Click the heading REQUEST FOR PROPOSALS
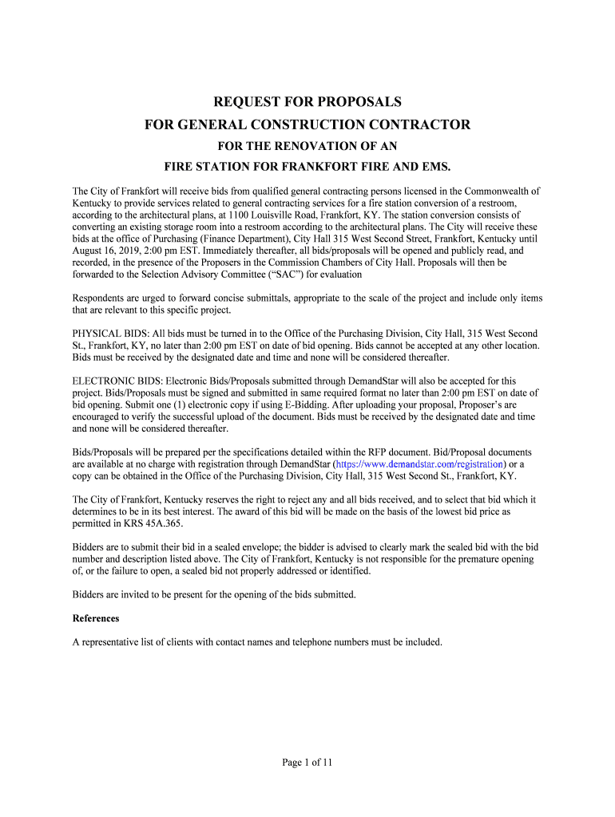[x=307, y=102]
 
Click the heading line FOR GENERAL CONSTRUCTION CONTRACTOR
[x=307, y=125]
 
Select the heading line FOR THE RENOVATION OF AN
[x=307, y=146]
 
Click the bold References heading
[x=96, y=618]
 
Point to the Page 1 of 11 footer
[x=307, y=762]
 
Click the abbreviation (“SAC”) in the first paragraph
[x=271, y=274]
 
